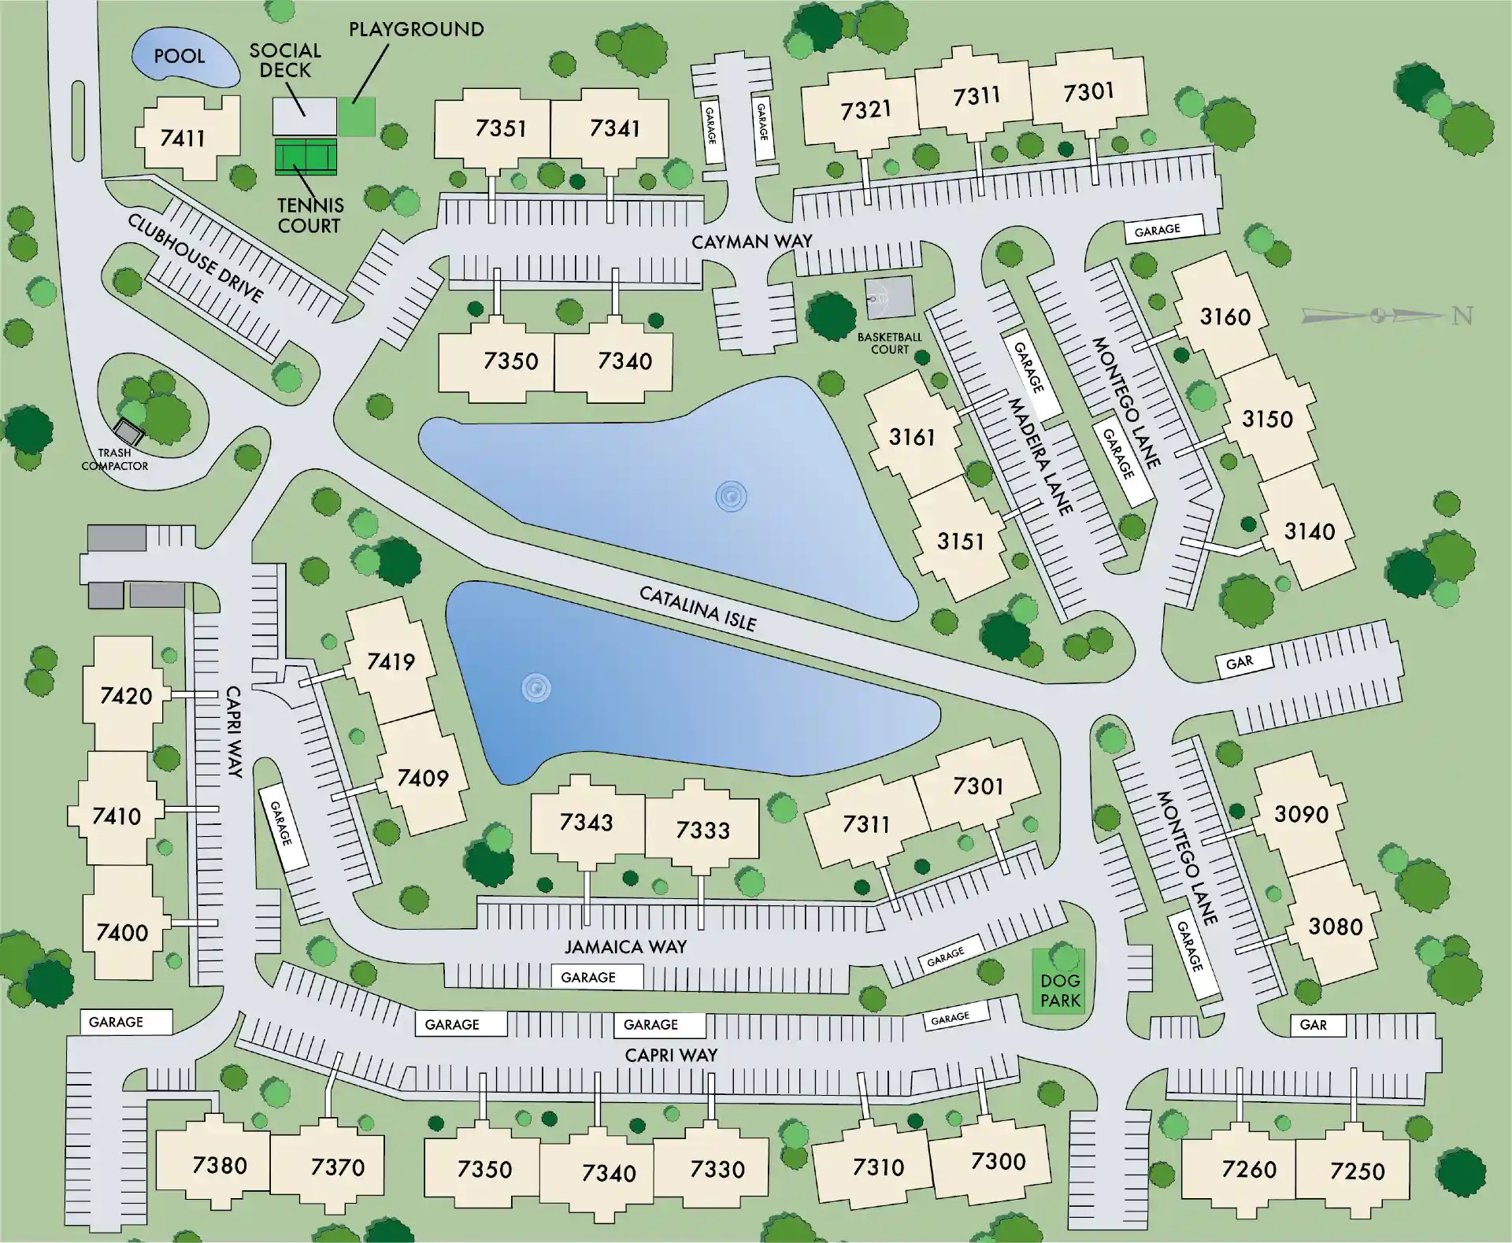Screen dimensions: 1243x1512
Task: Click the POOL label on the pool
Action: click(180, 57)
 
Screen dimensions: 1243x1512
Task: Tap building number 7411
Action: click(183, 139)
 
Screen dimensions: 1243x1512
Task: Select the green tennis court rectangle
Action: click(306, 157)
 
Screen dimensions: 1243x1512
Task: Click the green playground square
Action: click(357, 117)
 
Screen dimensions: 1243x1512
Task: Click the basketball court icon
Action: click(891, 297)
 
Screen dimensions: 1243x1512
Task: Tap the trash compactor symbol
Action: click(128, 431)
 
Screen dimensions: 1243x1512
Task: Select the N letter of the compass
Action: click(1462, 316)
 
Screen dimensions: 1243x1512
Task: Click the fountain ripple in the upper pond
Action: click(731, 497)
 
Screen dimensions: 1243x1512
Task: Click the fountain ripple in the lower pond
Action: click(536, 689)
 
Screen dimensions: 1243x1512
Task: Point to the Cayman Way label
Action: click(751, 242)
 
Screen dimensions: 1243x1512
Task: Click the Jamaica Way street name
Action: click(625, 946)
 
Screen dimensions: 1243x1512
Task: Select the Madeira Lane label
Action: click(1040, 457)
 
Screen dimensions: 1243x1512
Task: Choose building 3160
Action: click(1225, 316)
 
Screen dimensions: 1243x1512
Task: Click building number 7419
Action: click(391, 661)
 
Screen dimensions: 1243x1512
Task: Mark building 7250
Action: click(1357, 1171)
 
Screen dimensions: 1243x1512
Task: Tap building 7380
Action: click(220, 1165)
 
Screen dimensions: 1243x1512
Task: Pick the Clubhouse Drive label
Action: click(195, 257)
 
